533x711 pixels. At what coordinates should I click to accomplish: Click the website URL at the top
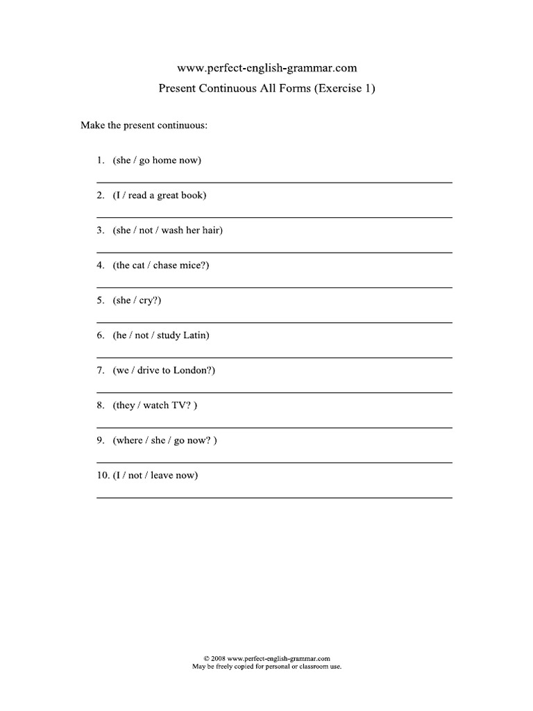[x=267, y=68]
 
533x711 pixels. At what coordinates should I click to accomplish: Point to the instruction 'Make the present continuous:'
[x=144, y=126]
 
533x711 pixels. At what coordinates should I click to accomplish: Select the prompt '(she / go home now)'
[x=157, y=160]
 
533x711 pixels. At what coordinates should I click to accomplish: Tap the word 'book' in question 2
[x=193, y=195]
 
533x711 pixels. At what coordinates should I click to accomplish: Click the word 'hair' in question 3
[x=211, y=231]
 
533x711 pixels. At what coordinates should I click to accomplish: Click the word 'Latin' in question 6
[x=194, y=335]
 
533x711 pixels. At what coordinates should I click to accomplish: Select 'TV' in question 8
[x=180, y=405]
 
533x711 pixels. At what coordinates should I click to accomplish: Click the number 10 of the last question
[x=103, y=476]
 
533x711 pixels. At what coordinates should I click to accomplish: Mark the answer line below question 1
[x=274, y=182]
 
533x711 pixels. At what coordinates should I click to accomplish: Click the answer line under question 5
[x=274, y=322]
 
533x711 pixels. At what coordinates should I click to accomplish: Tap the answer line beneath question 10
[x=274, y=497]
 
